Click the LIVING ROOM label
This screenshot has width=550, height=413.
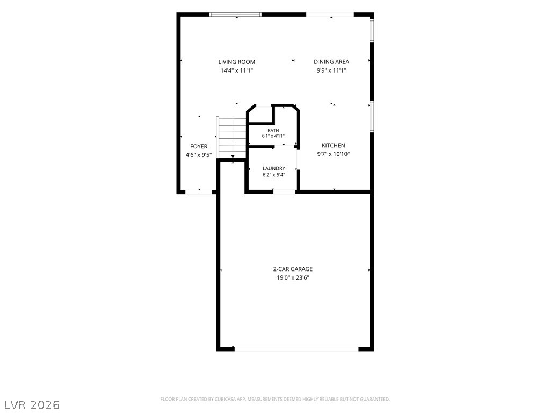[236, 62]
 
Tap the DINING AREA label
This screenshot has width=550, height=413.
[331, 62]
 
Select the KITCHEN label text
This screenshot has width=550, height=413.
[333, 145]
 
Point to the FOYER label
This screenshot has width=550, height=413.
[199, 146]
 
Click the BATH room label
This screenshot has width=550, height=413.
[273, 131]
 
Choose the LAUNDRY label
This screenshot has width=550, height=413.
[273, 168]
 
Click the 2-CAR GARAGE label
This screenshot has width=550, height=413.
[293, 269]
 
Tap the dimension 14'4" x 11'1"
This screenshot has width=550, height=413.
[237, 70]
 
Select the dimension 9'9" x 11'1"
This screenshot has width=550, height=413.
[331, 70]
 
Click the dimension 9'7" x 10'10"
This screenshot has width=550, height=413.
[334, 154]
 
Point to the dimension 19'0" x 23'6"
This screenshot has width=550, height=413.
[293, 278]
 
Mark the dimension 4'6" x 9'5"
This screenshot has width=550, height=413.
[199, 155]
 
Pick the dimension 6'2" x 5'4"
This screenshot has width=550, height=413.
[274, 175]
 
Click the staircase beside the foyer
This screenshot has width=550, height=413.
[231, 138]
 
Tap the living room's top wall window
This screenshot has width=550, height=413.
[235, 15]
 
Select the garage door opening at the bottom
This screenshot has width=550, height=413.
[296, 349]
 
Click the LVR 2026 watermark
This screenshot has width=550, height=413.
[30, 405]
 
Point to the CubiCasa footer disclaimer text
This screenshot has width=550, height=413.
[275, 400]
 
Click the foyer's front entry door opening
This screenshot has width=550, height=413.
[199, 192]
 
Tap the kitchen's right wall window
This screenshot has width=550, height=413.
[372, 117]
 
